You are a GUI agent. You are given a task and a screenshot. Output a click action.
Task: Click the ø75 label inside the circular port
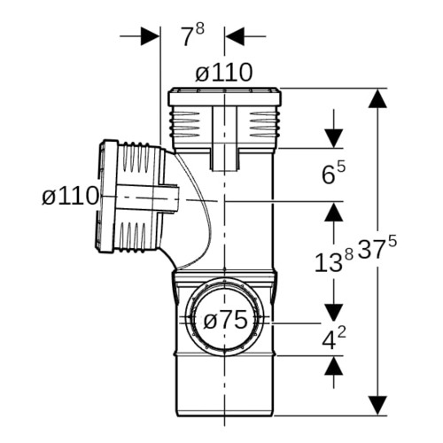point(226,321)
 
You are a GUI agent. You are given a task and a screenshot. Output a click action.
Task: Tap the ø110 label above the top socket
point(224,73)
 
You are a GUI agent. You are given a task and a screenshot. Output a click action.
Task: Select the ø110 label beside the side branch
point(70,196)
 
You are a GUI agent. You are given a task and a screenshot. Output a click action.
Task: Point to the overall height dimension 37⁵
point(377,248)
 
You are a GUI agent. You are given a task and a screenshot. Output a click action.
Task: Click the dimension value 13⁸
point(334,260)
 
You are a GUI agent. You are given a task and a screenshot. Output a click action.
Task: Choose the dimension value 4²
point(334,339)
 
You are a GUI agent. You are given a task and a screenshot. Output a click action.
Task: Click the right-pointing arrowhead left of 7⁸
point(150,36)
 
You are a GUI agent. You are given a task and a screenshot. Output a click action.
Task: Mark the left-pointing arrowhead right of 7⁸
point(235,36)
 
